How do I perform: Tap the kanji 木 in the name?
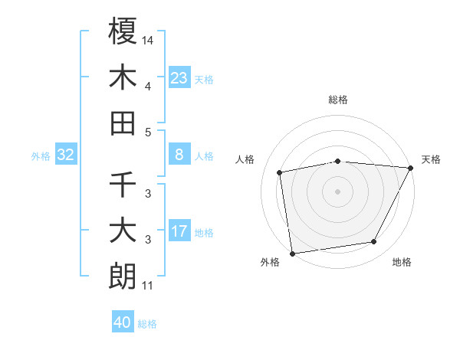[123, 77]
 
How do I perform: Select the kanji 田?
[123, 123]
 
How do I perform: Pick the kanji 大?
[123, 231]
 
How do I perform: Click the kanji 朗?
[123, 277]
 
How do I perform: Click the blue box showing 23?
[179, 77]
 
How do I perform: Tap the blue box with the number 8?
[179, 155]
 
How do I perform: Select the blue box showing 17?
[179, 231]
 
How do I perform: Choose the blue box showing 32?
[66, 155]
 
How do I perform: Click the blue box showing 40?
[123, 322]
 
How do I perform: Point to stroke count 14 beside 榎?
[148, 39]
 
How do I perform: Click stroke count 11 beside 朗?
[147, 286]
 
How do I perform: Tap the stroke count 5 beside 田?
[148, 132]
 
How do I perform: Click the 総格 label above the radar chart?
[338, 100]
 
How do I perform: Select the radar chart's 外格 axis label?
[270, 262]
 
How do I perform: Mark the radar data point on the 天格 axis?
[411, 168]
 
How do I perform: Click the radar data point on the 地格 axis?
[374, 242]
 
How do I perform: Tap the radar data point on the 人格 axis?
[280, 172]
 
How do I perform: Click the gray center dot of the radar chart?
[338, 191]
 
